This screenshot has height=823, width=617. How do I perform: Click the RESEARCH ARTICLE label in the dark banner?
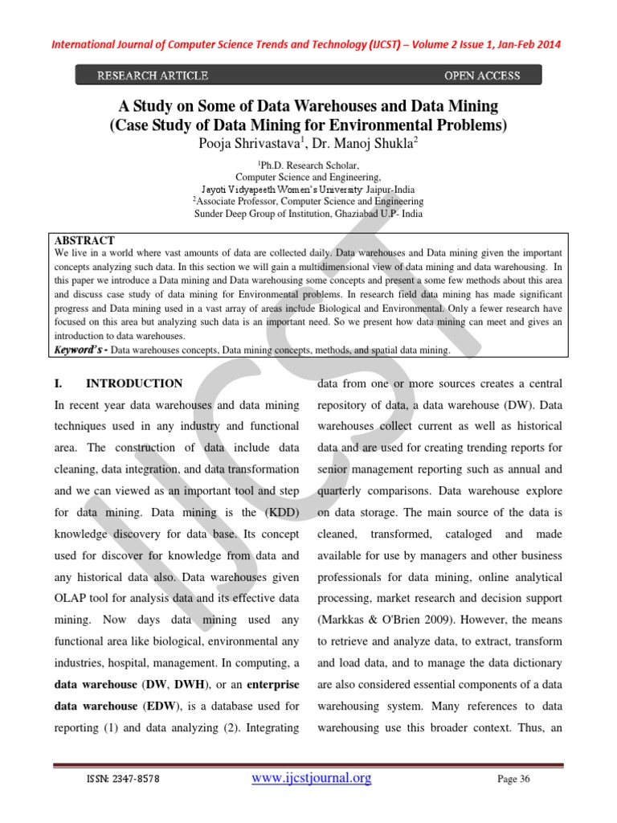153,76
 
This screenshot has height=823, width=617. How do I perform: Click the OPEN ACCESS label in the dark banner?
482,76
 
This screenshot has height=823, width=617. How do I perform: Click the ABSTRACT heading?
84,240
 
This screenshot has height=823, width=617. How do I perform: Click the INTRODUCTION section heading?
134,383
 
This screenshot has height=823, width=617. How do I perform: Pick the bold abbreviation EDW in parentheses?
156,706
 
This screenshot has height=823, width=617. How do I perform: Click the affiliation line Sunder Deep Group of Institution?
308,214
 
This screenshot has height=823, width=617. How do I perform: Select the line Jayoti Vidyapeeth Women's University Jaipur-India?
308,188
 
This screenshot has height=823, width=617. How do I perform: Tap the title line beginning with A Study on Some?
308,106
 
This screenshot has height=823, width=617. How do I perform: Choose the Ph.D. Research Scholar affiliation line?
308,163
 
